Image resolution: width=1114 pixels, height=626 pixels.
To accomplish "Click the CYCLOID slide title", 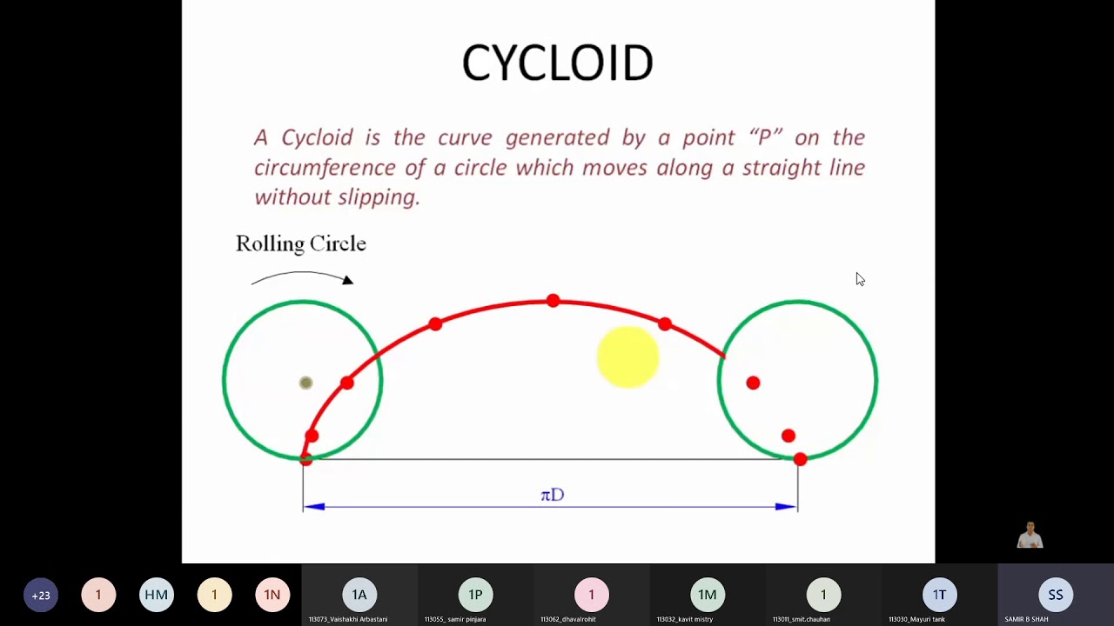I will tap(557, 63).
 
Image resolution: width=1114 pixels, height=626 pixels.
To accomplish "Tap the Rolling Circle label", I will tap(300, 243).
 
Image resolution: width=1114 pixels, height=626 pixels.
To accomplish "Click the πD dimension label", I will tap(552, 495).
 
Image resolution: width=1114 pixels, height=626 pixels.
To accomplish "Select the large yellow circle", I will tap(627, 356).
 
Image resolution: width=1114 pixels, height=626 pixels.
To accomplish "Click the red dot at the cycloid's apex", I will tap(553, 301).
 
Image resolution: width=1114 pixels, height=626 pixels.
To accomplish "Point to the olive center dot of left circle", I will tap(305, 383).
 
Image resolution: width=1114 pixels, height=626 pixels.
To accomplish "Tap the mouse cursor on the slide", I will tap(860, 279).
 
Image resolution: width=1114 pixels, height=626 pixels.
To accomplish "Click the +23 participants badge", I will tap(41, 595).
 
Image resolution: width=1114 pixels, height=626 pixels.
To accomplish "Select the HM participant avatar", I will tap(156, 595).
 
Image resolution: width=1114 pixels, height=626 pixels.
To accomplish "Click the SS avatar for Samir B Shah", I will tap(1055, 595).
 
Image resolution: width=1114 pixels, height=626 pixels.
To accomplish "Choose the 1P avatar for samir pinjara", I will tap(475, 595).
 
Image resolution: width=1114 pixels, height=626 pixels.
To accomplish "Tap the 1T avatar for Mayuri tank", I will tap(939, 595).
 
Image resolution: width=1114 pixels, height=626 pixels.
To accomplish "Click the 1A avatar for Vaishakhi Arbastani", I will tap(359, 595).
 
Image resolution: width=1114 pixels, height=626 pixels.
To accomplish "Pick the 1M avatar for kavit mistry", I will tap(707, 595).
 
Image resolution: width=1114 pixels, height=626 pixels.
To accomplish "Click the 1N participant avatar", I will tap(272, 595).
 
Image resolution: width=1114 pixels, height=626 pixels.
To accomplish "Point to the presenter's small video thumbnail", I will tap(1030, 535).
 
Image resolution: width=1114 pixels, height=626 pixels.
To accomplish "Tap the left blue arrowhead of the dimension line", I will tap(314, 506).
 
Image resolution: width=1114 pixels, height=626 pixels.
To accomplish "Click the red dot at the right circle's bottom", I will tap(800, 458).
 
